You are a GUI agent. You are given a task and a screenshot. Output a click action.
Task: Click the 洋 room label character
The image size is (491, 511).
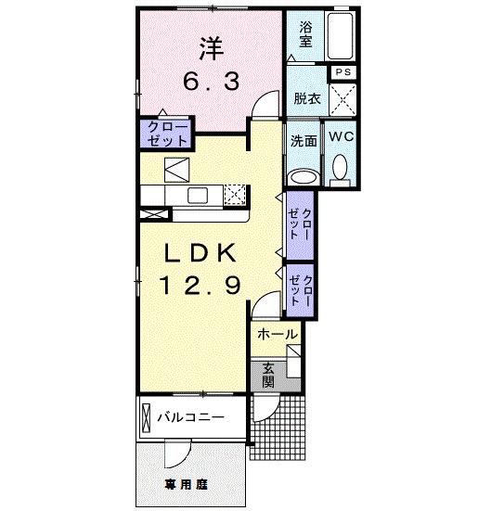(x=211, y=47)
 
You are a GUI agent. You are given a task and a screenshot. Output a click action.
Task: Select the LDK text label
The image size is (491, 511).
(x=203, y=252)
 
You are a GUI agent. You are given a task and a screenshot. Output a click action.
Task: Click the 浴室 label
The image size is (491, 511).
(x=304, y=34)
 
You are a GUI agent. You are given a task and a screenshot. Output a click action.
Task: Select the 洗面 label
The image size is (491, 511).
(x=304, y=142)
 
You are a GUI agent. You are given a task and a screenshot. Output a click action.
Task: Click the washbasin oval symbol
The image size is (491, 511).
(x=302, y=176)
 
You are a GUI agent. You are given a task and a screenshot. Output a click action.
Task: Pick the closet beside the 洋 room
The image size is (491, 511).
(x=165, y=134)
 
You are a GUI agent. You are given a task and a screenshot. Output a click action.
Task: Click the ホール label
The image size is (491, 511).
(x=278, y=334)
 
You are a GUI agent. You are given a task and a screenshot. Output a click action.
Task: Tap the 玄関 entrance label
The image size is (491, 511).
(x=267, y=373)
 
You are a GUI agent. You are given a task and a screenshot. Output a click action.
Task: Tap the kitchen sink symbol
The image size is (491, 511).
(x=197, y=194)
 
